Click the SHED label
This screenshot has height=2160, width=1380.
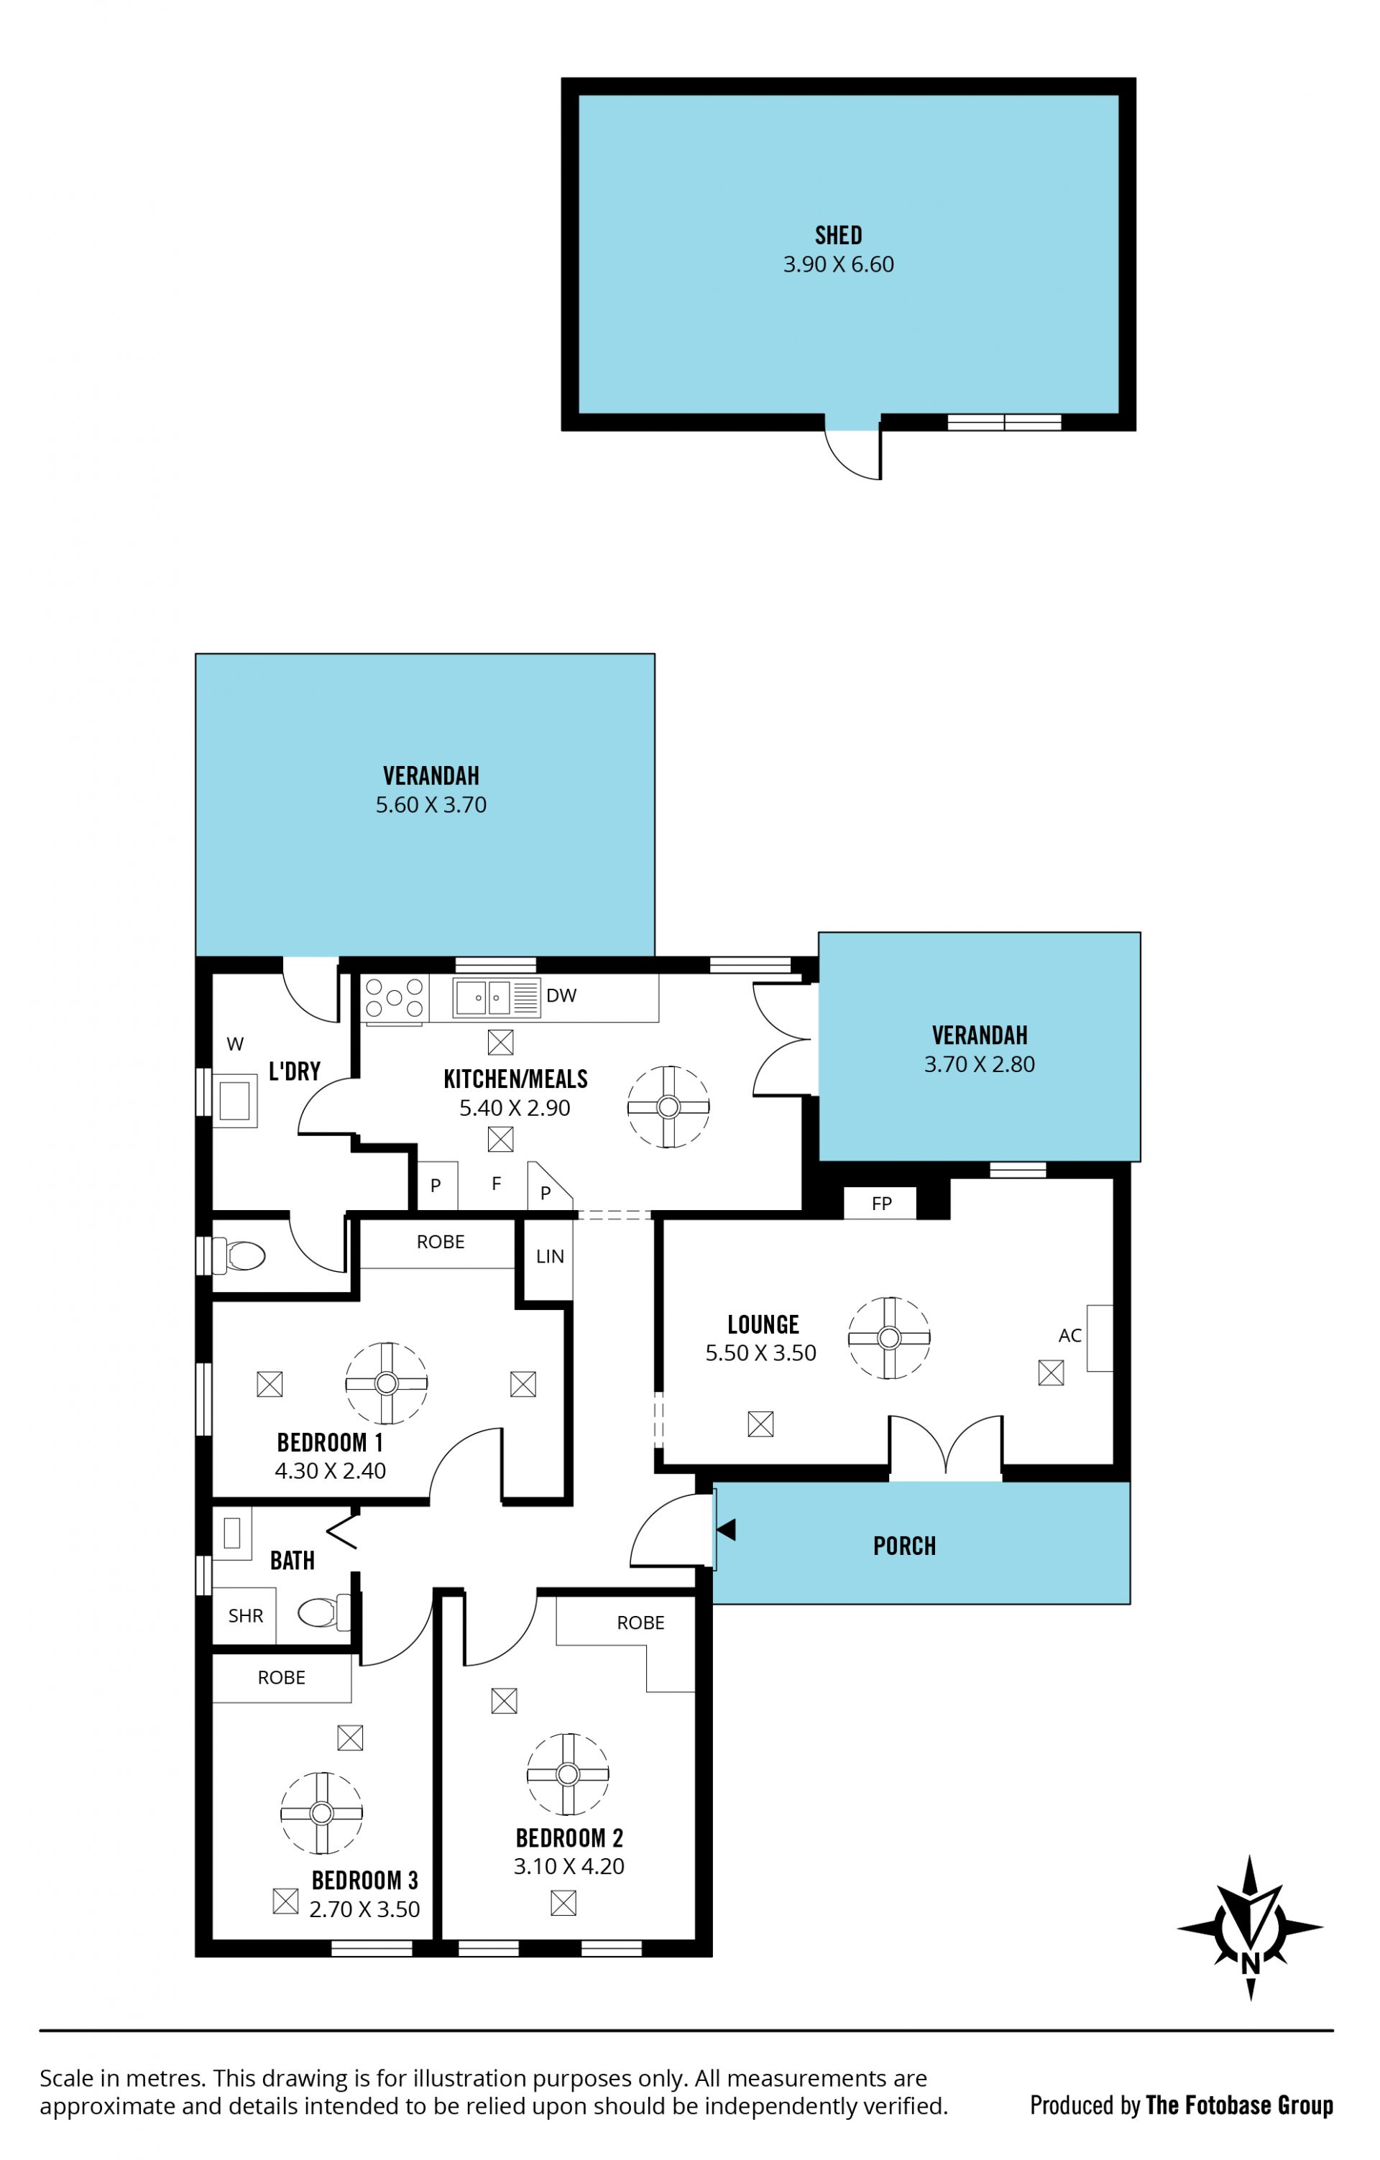838,235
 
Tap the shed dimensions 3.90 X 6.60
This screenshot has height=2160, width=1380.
838,264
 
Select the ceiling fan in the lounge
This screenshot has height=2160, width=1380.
889,1337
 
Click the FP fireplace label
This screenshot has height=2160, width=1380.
881,1204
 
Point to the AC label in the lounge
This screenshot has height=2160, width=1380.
1069,1336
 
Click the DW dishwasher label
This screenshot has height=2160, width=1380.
561,994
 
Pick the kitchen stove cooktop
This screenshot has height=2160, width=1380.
393,998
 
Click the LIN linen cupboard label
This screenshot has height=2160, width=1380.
550,1257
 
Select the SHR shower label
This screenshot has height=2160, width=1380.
245,1617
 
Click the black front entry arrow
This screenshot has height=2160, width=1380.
726,1529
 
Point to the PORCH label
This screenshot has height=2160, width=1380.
904,1546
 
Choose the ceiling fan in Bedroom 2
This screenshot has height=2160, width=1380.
568,1773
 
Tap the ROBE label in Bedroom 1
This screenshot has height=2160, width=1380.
441,1242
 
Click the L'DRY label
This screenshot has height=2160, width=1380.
294,1071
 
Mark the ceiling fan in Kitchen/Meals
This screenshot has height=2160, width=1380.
668,1107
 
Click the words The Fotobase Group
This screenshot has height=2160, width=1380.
1239,2105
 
